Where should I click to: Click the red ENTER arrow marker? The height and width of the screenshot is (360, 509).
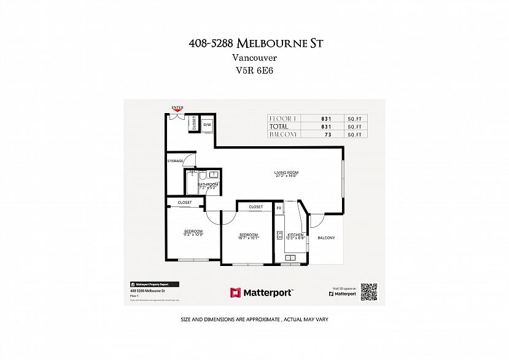(177, 111)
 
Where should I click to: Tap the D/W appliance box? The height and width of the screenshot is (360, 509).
(207, 124)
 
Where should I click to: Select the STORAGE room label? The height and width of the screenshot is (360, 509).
(176, 161)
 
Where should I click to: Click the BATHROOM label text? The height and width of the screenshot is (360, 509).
(208, 184)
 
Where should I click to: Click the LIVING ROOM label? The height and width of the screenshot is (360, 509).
(286, 173)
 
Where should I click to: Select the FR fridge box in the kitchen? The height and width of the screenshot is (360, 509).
(279, 209)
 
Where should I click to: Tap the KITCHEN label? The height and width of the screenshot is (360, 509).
(295, 235)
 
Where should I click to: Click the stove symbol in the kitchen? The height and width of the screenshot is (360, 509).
(279, 235)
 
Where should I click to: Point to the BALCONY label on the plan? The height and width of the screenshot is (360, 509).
(326, 237)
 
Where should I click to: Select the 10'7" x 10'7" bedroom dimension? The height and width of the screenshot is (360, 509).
(249, 237)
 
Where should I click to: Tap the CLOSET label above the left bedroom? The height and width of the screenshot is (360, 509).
(185, 202)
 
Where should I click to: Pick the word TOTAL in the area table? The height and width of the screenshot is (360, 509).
(279, 127)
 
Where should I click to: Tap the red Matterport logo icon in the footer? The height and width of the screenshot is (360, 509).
(235, 292)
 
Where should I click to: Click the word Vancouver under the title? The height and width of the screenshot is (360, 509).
(254, 57)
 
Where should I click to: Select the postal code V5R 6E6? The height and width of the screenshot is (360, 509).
(254, 71)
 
